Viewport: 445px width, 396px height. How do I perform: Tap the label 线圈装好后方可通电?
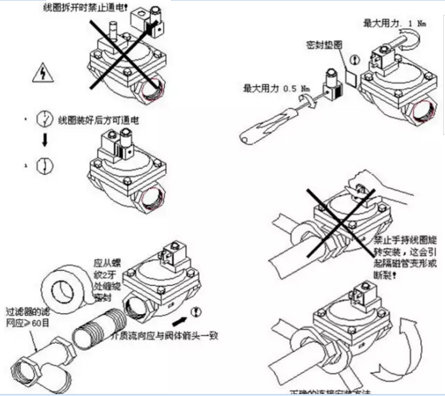[x=99, y=120]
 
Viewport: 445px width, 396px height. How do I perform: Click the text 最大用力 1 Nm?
[x=393, y=23]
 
